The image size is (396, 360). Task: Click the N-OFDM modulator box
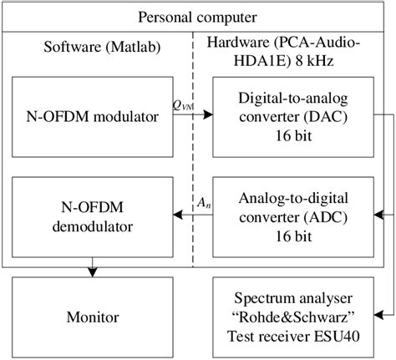(91, 116)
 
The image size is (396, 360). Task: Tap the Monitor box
(91, 317)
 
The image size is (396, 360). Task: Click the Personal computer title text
(197, 17)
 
